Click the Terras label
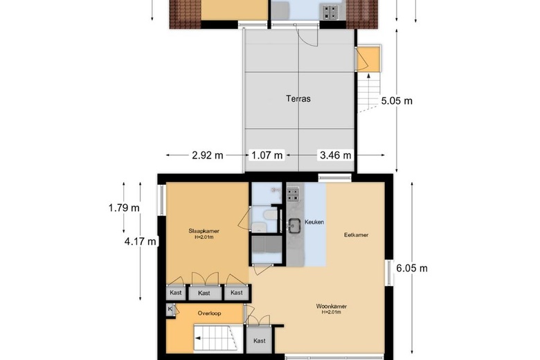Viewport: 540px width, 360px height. (298, 98)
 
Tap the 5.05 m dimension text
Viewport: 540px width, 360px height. (397, 100)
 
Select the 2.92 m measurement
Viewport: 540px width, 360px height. (208, 154)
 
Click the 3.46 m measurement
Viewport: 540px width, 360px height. (335, 154)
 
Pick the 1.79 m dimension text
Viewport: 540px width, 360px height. (124, 207)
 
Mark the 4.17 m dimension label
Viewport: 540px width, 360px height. (141, 241)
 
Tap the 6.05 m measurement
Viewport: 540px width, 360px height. (411, 268)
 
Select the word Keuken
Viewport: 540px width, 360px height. (314, 222)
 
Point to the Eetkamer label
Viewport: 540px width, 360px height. (356, 235)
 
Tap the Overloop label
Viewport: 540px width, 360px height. (208, 313)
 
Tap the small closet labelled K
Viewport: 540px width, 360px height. (170, 309)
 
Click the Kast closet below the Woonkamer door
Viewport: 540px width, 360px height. (260, 340)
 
